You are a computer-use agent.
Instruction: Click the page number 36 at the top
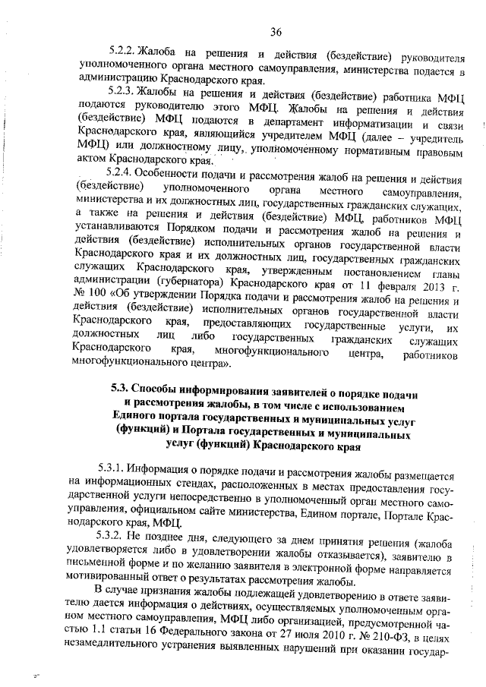pyautogui.click(x=275, y=31)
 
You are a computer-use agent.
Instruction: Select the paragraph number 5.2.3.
pyautogui.click(x=121, y=93)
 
